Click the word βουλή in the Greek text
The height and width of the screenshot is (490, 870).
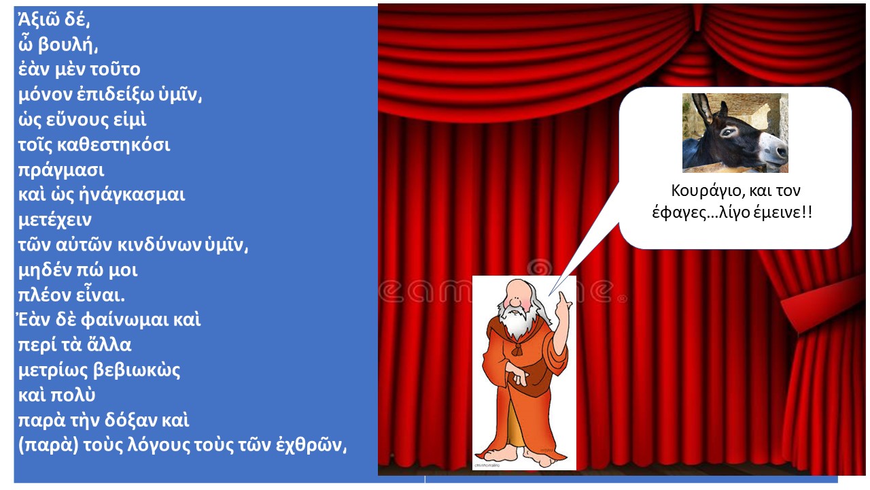click(x=67, y=46)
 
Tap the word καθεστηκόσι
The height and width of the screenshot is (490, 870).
click(x=114, y=145)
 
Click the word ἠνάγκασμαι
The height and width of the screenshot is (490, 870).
click(x=132, y=195)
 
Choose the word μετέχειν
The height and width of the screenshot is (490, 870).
click(x=55, y=220)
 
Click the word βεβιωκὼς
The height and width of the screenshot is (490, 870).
click(x=137, y=370)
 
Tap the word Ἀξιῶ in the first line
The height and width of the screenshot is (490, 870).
click(x=37, y=19)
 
